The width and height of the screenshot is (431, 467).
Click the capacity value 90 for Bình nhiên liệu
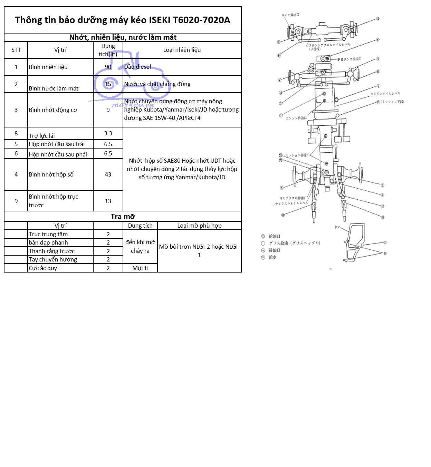click(x=108, y=67)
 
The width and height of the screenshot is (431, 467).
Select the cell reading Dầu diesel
click(x=137, y=67)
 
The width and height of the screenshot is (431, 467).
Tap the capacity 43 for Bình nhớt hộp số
click(x=108, y=174)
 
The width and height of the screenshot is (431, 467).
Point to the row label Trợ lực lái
click(x=42, y=135)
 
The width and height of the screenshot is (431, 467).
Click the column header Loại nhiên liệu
click(x=182, y=50)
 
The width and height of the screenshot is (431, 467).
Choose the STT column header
click(x=16, y=50)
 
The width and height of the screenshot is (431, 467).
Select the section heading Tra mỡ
click(x=123, y=217)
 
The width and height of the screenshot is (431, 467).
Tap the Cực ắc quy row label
click(x=43, y=268)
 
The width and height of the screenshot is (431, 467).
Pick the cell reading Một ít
click(x=140, y=268)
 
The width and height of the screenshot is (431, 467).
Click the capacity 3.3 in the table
click(x=108, y=133)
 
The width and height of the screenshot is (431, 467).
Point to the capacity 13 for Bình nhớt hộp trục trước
click(x=108, y=201)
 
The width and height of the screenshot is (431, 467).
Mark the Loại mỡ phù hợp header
click(x=199, y=226)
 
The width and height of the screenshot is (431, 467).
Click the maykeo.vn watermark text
click(x=133, y=105)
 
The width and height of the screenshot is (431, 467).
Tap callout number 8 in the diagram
click(x=378, y=40)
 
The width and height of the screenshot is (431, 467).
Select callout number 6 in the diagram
click(x=382, y=185)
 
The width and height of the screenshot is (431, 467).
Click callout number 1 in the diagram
click(x=281, y=115)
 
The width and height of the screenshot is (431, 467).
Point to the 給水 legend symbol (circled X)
click(x=263, y=257)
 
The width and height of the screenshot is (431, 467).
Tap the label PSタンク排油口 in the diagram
click(x=349, y=59)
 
